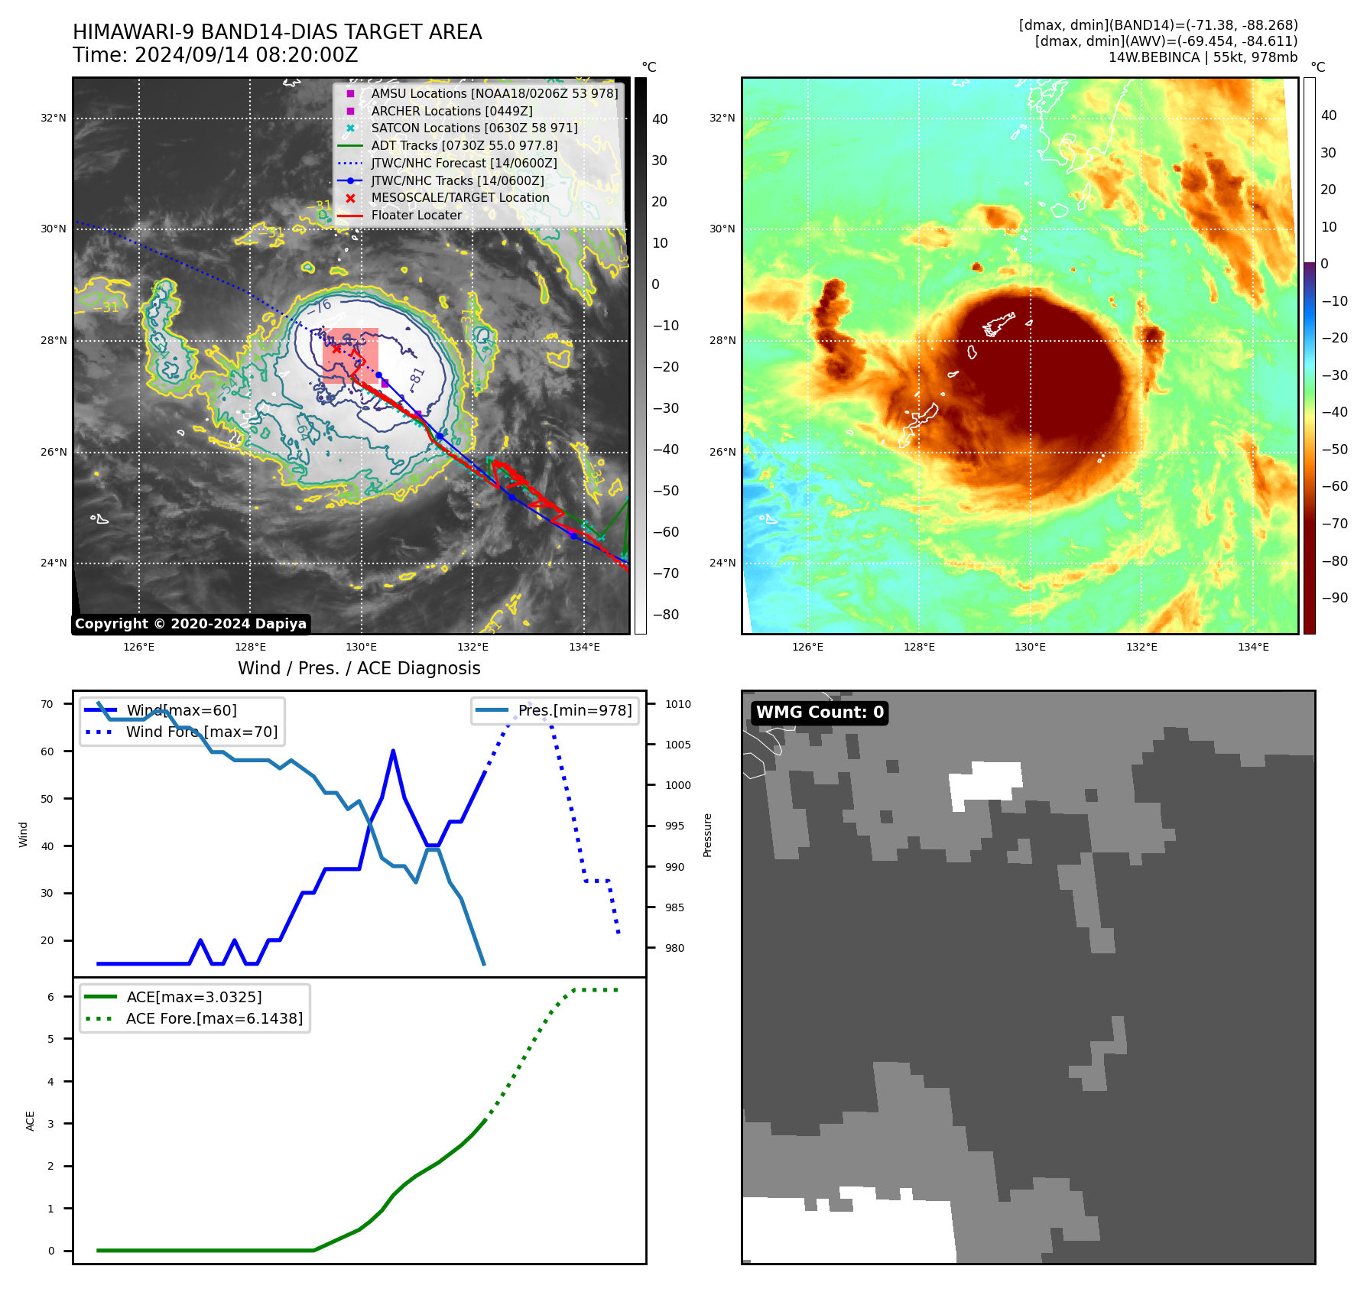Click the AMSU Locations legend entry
494,93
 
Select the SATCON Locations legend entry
474,128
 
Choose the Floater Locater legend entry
416,215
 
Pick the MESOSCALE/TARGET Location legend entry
459,197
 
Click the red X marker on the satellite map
336,349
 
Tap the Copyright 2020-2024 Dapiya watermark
190,624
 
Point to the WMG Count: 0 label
820,713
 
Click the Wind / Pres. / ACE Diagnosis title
359,668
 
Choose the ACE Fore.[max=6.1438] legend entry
214,1018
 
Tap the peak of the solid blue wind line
393,751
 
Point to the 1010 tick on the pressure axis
677,704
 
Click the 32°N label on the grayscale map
54,118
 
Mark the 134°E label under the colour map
1253,647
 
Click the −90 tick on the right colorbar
1335,598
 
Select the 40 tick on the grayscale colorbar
660,119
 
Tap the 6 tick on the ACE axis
51,996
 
